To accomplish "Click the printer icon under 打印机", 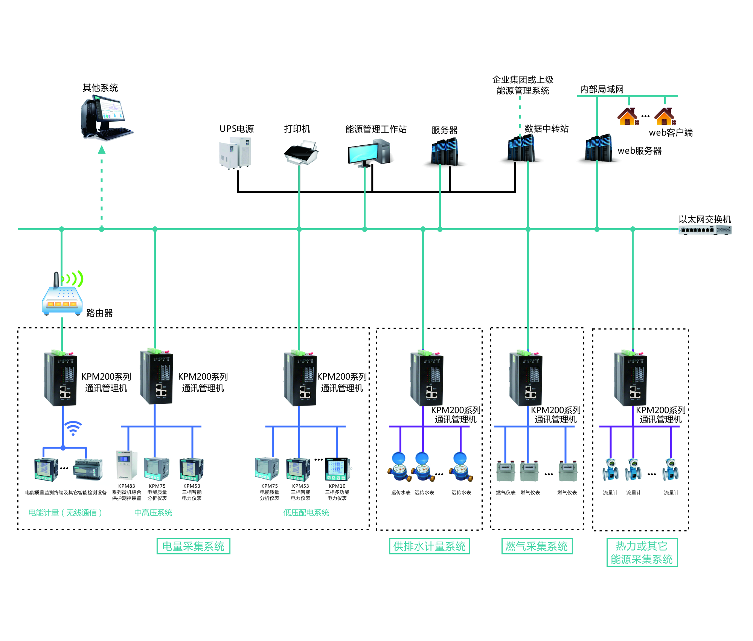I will [x=301, y=153].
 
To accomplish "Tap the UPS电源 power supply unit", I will [x=235, y=153].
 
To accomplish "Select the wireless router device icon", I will [x=62, y=298].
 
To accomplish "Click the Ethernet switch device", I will [x=705, y=230].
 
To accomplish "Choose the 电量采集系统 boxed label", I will [x=193, y=546].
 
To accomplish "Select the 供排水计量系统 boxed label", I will [x=429, y=546].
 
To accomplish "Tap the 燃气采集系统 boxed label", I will [x=537, y=546].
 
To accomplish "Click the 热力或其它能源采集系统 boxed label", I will [x=642, y=552].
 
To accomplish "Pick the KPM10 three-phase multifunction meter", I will [x=337, y=469].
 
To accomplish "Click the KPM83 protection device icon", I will [x=126, y=465].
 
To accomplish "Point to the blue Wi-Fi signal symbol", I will [x=73, y=428].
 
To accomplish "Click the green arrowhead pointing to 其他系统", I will [x=102, y=150].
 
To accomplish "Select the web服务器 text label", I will [x=639, y=151].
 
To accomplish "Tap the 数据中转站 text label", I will [x=546, y=129].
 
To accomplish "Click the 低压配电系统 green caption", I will [x=306, y=513].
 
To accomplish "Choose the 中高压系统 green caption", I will [x=153, y=513].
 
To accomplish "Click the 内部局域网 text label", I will [x=602, y=89].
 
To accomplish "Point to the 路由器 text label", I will [x=99, y=313].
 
